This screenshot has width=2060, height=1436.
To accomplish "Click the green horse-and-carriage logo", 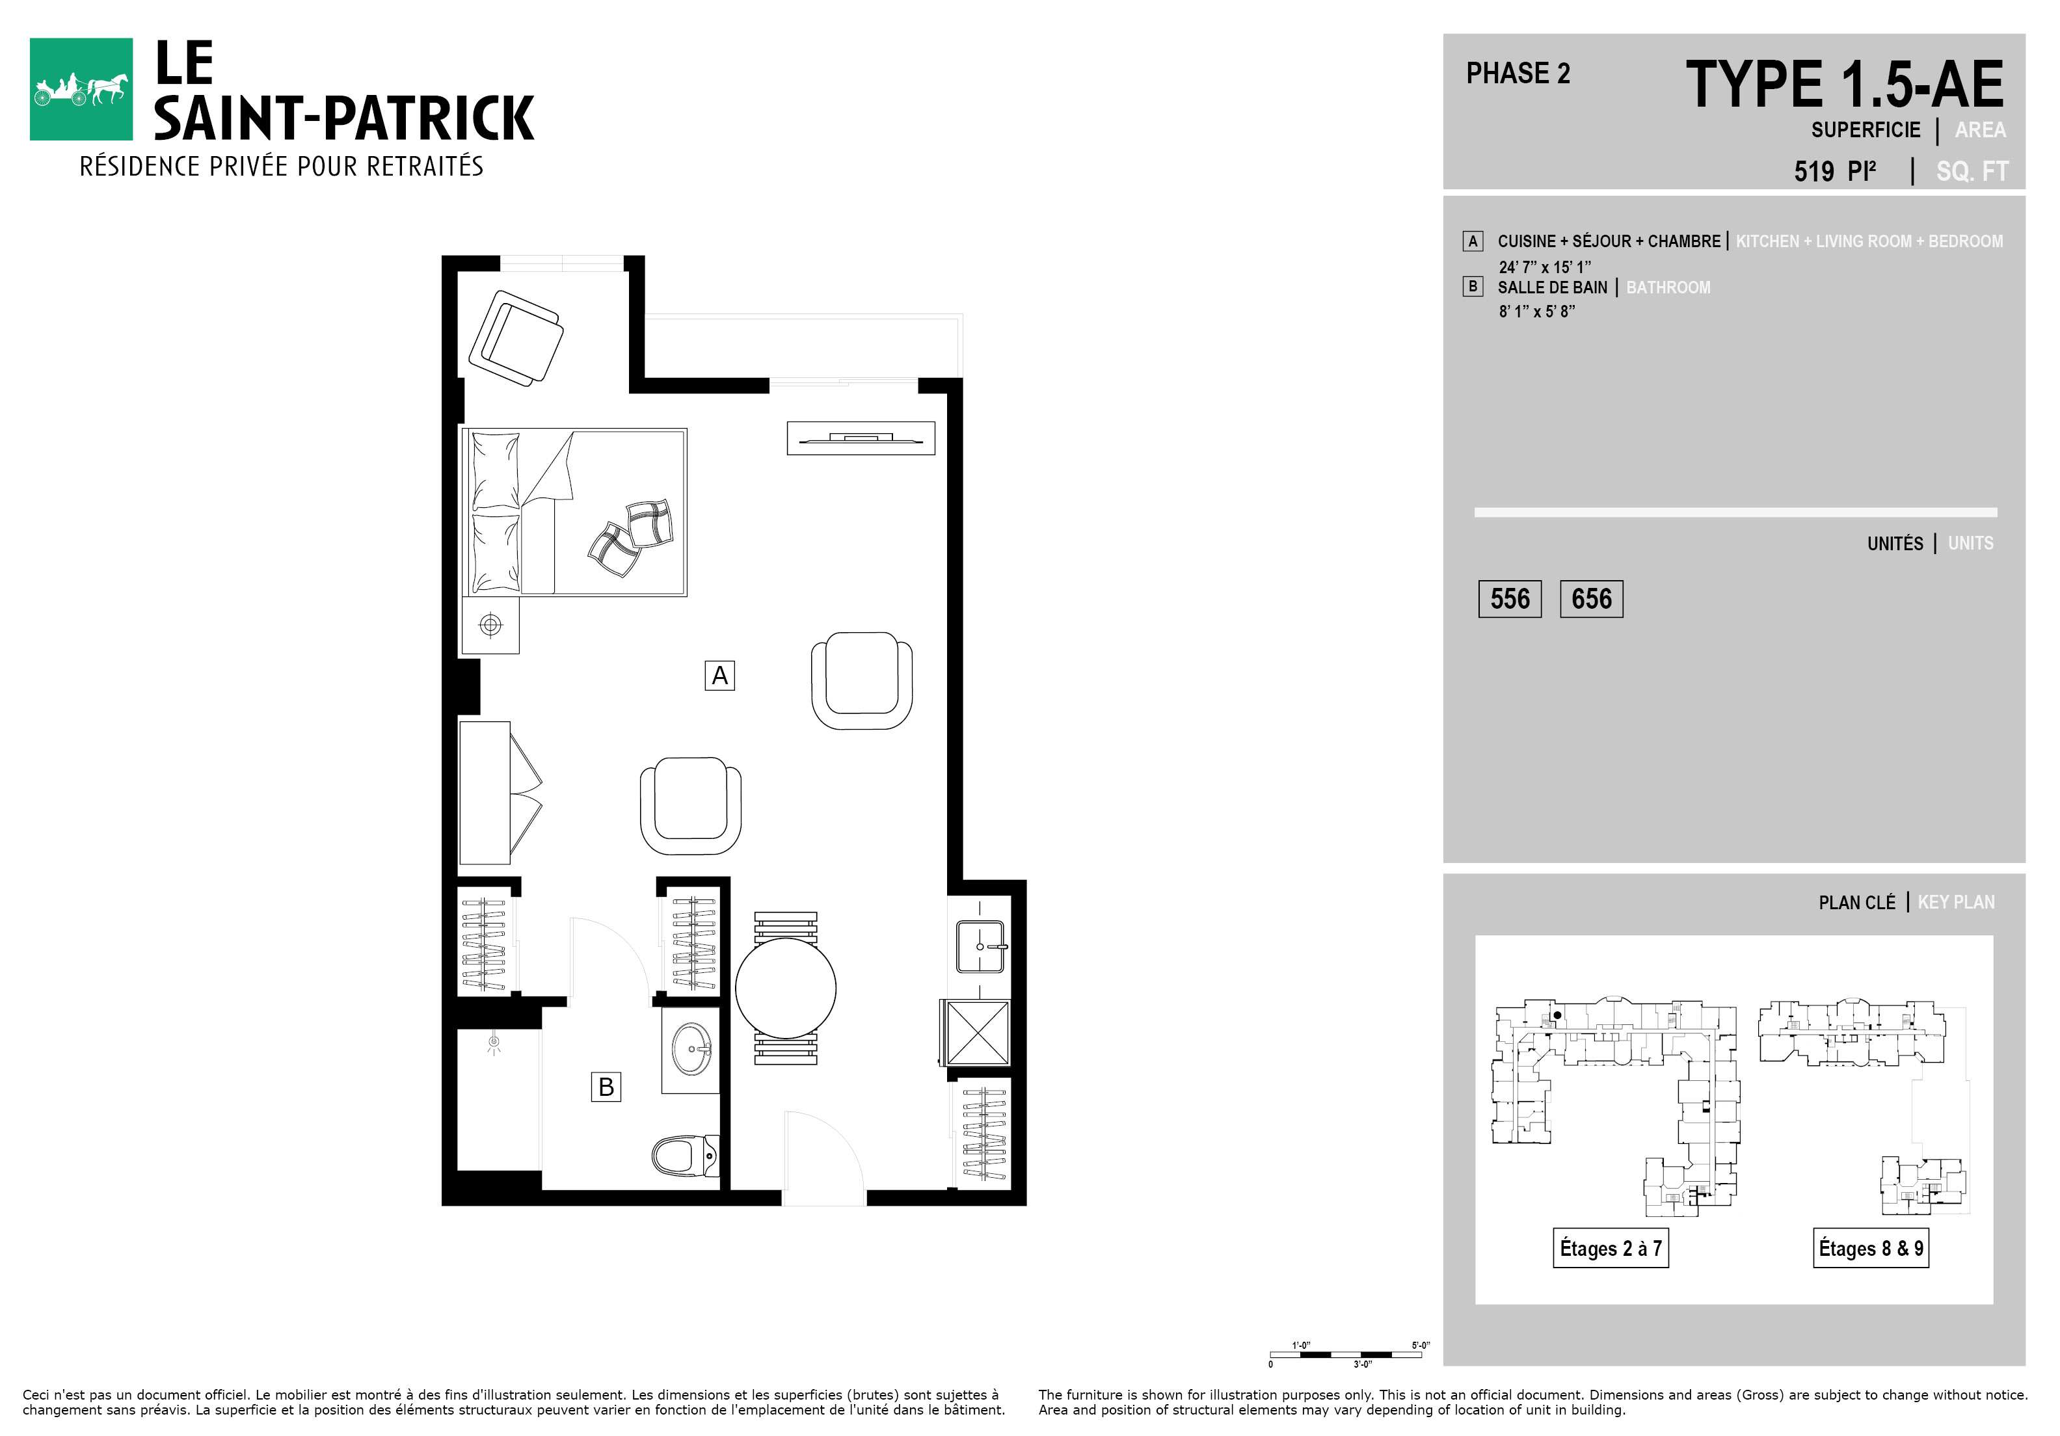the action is [81, 89].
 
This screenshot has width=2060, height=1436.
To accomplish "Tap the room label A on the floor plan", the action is [719, 675].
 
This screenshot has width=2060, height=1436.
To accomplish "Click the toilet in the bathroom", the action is [686, 1156].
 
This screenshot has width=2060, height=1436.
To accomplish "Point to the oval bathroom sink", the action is [691, 1048].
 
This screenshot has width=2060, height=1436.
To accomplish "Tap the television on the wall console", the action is [861, 438].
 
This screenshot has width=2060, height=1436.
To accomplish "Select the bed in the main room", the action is [574, 512].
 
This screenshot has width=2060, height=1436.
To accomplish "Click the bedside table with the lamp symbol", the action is [491, 625].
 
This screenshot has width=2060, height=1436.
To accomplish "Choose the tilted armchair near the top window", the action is [516, 338].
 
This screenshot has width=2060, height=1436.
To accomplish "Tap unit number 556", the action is [1510, 599].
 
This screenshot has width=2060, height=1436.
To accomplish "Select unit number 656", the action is [1592, 599].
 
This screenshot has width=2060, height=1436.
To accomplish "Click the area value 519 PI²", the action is [1835, 170].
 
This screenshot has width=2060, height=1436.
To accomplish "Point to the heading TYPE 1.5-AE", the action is [1845, 85].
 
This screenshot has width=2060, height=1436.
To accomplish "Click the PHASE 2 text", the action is [1518, 73].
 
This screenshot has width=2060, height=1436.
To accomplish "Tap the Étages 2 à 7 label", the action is [1611, 1247].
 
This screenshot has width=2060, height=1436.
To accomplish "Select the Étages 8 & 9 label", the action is [1871, 1247].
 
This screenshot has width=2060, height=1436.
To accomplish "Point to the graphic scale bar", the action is [1346, 1354].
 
